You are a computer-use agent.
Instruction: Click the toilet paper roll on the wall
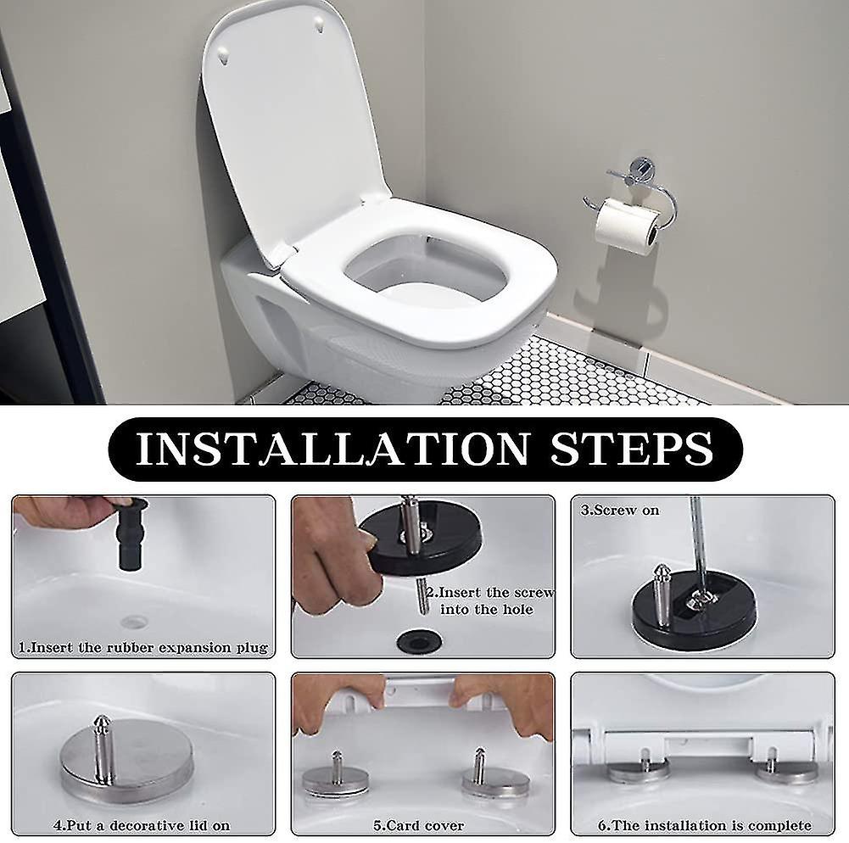(626, 225)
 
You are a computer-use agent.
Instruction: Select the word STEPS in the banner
(631, 449)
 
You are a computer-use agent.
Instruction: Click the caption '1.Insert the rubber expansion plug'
(143, 647)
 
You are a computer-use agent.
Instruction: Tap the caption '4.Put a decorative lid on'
(142, 824)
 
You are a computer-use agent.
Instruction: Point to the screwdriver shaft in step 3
(697, 543)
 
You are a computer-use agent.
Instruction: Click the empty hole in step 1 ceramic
(134, 622)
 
